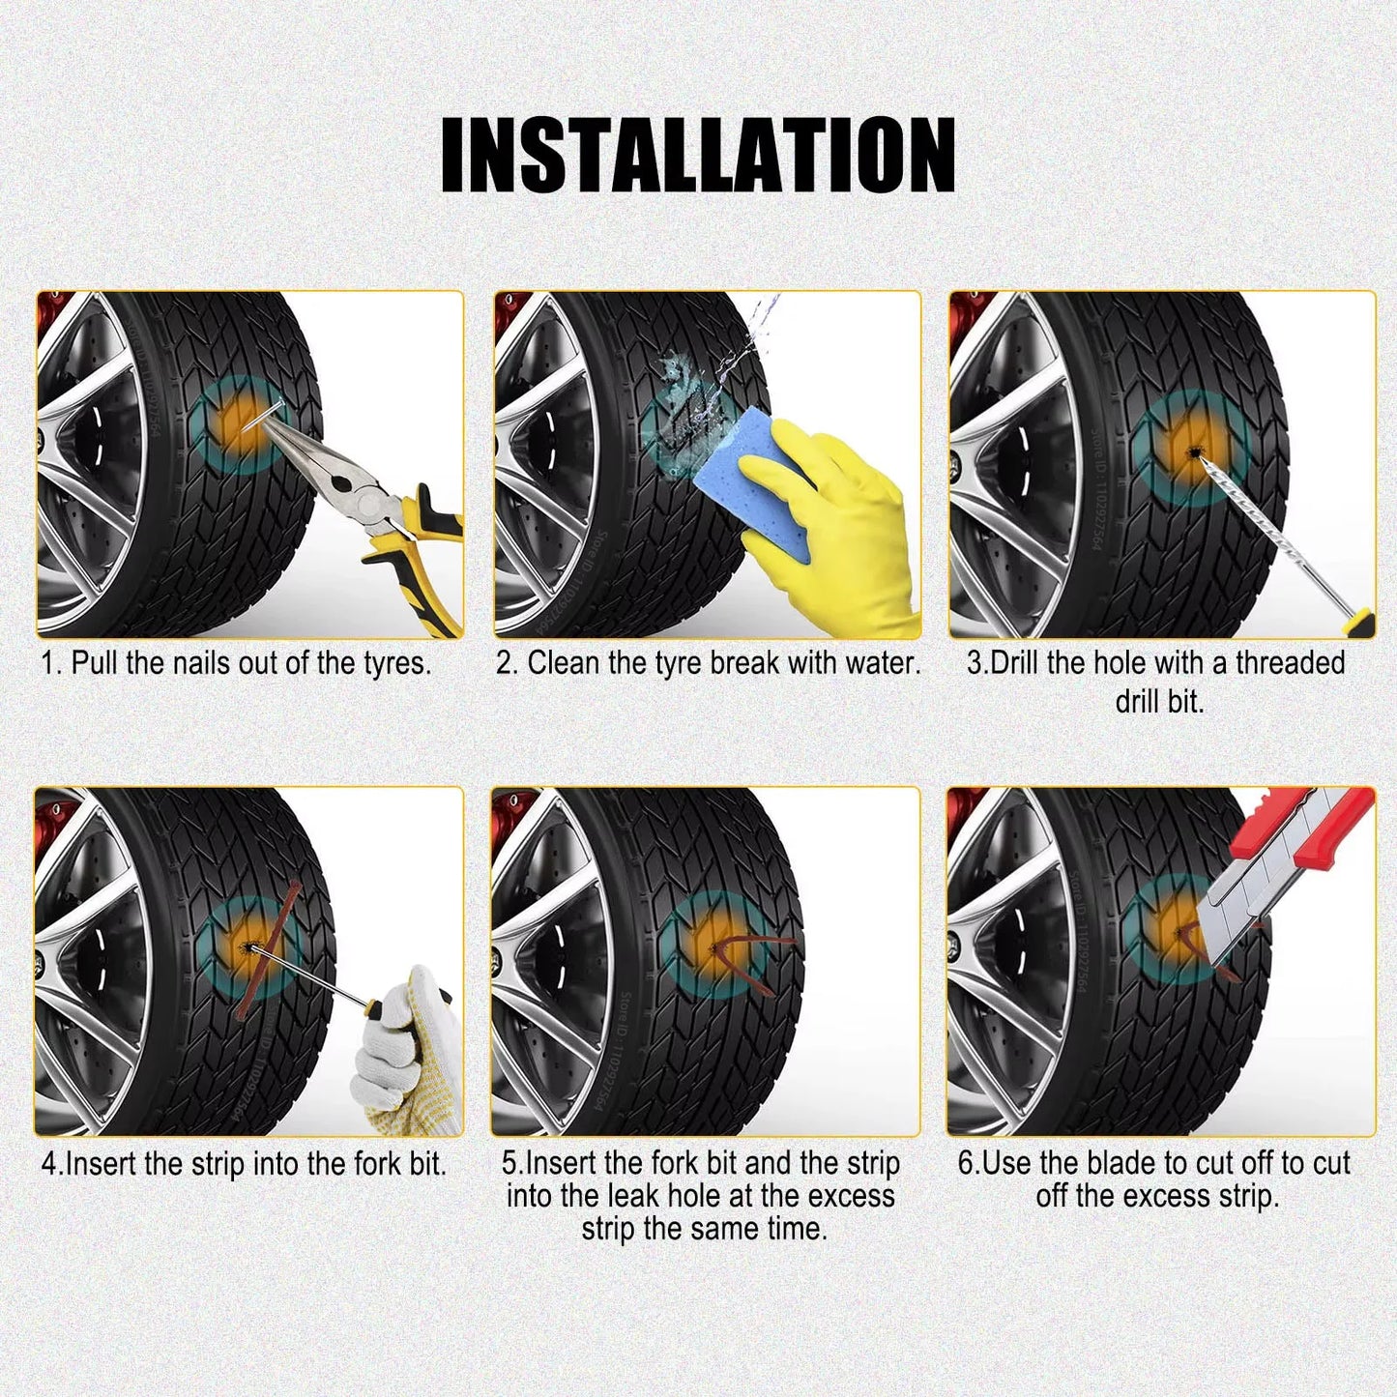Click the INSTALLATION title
pos(698,155)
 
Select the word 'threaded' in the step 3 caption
pos(1290,663)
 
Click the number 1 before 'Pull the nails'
pos(50,663)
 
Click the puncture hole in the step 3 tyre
pos(1196,452)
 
